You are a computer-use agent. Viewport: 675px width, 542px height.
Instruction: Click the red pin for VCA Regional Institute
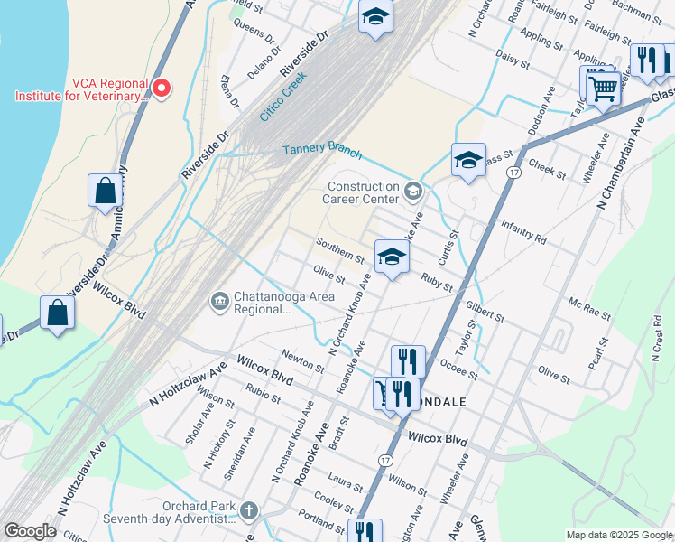(162, 88)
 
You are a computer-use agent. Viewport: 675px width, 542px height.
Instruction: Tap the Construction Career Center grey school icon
(413, 190)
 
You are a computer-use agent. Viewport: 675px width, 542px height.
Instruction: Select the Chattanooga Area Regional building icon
(219, 301)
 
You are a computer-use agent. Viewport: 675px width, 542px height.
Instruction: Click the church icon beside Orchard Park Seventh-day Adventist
(250, 511)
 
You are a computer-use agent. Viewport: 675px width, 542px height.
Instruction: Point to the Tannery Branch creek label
(322, 150)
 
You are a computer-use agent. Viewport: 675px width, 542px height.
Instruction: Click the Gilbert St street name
(485, 314)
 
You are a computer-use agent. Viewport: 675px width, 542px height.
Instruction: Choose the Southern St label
(339, 250)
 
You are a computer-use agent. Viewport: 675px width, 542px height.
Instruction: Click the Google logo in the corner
(30, 531)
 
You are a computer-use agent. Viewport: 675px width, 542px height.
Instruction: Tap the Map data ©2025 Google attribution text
(618, 535)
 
